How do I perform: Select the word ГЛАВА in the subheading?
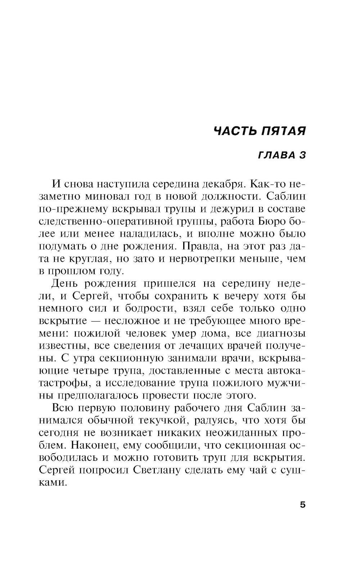click(273, 155)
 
